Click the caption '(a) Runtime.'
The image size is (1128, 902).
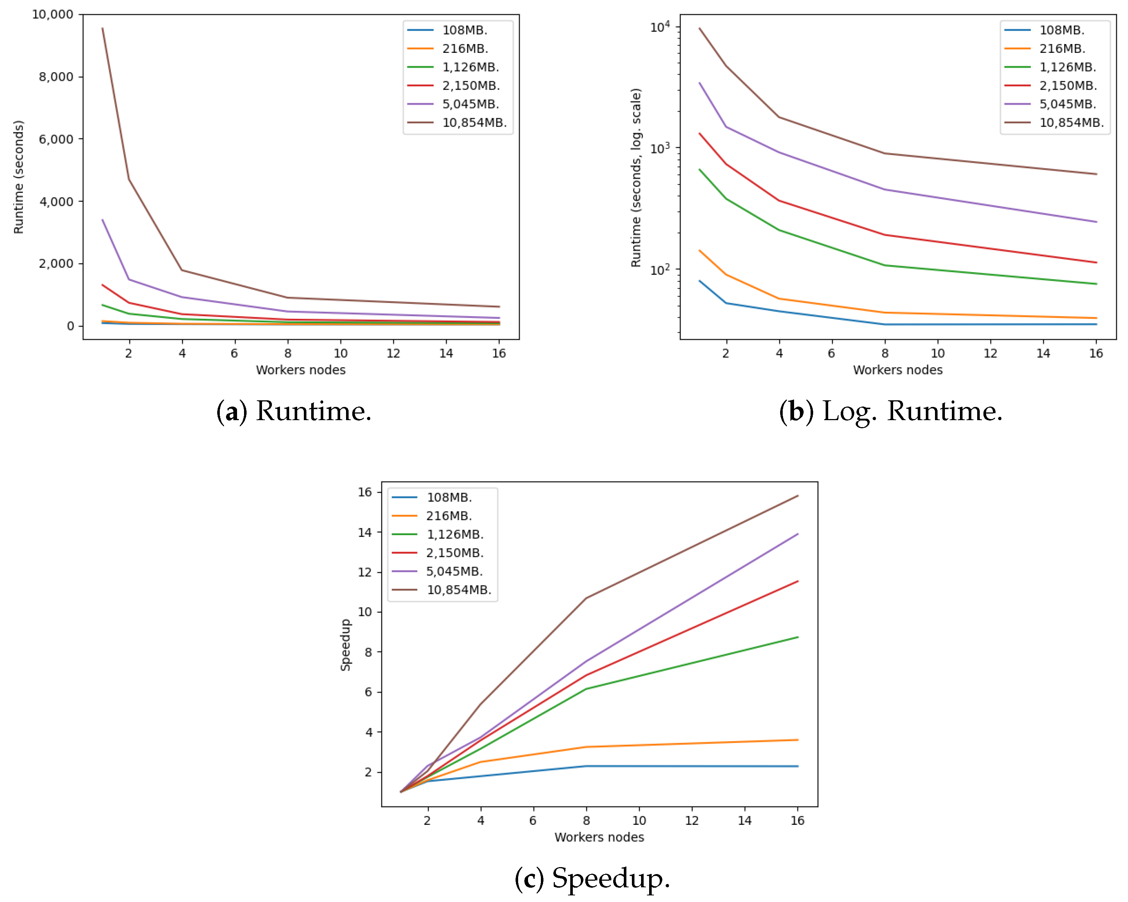(x=294, y=411)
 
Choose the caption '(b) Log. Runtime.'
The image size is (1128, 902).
(x=891, y=411)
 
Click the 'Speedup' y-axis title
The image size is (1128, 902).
(x=345, y=645)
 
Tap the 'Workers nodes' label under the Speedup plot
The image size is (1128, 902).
(x=599, y=837)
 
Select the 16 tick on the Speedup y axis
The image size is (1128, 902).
(x=365, y=492)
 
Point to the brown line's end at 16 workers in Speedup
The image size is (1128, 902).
(x=797, y=496)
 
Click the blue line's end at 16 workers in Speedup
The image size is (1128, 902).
(x=797, y=766)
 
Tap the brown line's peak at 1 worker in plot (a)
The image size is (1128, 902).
(x=102, y=28)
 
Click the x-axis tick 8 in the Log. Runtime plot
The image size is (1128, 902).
(x=885, y=353)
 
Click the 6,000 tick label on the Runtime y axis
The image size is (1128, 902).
(x=56, y=139)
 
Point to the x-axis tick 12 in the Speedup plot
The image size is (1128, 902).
(x=692, y=820)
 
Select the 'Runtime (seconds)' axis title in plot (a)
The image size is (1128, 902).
(x=19, y=177)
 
